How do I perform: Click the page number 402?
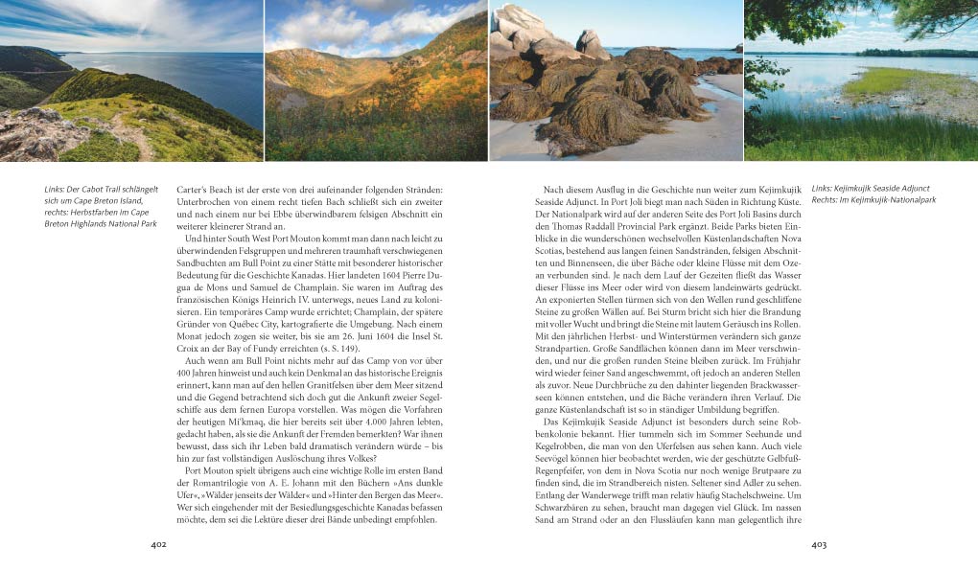tap(159, 544)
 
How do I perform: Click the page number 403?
tap(818, 544)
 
